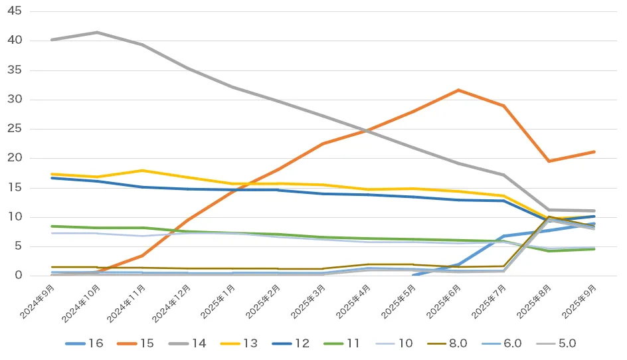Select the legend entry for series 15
(x=136, y=343)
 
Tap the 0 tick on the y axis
(x=18, y=276)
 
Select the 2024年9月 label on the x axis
(x=39, y=298)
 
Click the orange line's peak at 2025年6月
(x=458, y=90)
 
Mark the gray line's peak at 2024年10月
(x=97, y=32)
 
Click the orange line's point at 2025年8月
(x=549, y=161)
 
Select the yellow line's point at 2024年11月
(x=142, y=171)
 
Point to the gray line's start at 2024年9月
(x=52, y=40)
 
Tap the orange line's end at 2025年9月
(x=594, y=151)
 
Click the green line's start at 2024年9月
(x=52, y=226)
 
